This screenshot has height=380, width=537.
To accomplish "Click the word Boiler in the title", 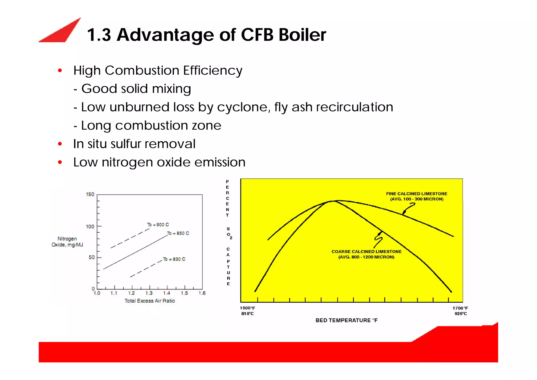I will (x=302, y=35).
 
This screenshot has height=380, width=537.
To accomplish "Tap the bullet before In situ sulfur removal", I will (x=60, y=144).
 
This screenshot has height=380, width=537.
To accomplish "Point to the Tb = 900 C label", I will (x=158, y=225).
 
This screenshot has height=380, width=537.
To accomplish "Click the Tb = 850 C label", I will (x=178, y=233).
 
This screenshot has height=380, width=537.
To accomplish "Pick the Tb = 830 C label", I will (x=174, y=259).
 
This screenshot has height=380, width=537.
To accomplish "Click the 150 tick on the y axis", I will (x=90, y=194).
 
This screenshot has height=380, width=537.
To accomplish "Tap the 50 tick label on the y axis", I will (x=92, y=257).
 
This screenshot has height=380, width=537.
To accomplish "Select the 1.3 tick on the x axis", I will (x=149, y=293).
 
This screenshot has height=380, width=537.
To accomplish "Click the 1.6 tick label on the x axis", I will (x=202, y=293).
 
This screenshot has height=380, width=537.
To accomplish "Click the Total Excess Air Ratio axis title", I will (x=149, y=301).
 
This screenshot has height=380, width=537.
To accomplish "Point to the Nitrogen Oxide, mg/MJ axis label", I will (x=67, y=242).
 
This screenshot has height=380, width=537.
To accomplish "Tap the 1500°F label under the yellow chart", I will (x=248, y=308).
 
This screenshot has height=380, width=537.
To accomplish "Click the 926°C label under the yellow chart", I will (x=460, y=314).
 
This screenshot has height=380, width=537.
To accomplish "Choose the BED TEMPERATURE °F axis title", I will (x=346, y=320).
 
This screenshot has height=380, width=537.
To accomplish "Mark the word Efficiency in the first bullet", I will (x=212, y=71).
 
